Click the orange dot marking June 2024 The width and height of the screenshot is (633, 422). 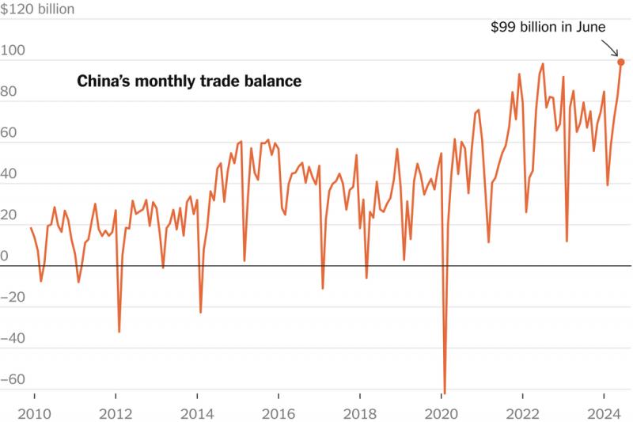tap(621, 62)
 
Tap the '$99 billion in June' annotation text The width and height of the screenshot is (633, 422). tap(548, 27)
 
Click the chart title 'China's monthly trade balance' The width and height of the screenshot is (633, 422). tap(189, 82)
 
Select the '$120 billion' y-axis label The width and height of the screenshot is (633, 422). tap(38, 10)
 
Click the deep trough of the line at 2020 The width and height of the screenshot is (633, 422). tap(445, 391)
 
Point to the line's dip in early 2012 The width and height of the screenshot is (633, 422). tap(119, 331)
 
